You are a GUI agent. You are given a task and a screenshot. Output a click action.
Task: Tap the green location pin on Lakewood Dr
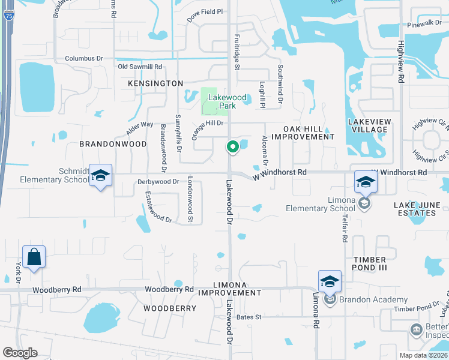tap(232, 146)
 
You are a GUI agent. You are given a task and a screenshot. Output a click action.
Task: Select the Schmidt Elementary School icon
tap(101, 176)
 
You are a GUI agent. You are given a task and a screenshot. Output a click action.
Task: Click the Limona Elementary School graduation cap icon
tap(366, 181)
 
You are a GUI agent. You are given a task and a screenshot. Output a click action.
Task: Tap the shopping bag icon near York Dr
tap(34, 257)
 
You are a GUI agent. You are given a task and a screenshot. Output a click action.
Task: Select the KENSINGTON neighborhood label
tap(155, 83)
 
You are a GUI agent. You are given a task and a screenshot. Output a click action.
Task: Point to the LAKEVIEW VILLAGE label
tap(368, 125)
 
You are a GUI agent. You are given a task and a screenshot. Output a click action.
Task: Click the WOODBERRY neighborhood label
tap(170, 308)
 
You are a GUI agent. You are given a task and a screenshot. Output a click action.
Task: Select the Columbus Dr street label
tap(83, 59)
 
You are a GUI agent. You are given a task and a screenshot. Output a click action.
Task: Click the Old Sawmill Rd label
tap(140, 67)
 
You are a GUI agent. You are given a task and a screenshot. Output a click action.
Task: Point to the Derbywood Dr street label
tap(158, 181)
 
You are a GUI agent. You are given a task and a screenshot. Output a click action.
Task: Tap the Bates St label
tap(249, 317)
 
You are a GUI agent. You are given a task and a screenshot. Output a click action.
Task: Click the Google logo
tap(20, 353)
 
